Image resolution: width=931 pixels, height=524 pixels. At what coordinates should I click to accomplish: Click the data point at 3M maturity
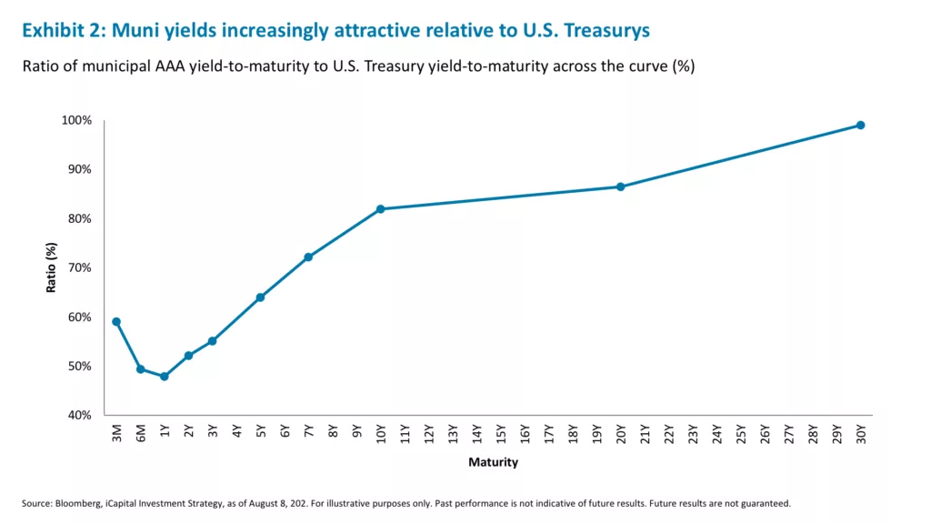pyautogui.click(x=116, y=321)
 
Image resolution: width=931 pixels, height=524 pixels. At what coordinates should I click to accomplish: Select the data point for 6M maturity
pyautogui.click(x=140, y=368)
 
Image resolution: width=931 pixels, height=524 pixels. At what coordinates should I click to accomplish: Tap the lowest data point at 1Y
pyautogui.click(x=165, y=376)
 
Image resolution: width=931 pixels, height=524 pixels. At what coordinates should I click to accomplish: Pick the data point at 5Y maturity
pyautogui.click(x=260, y=297)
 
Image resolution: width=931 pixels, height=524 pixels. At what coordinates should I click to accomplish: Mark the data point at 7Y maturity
pyautogui.click(x=308, y=257)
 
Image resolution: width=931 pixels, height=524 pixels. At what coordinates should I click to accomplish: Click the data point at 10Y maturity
pyautogui.click(x=380, y=209)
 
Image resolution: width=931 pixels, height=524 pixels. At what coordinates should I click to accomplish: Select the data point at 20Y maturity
pyautogui.click(x=620, y=186)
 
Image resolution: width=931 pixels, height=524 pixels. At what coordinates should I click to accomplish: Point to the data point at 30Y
pyautogui.click(x=860, y=126)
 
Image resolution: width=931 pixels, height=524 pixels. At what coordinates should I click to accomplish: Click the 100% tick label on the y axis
pyautogui.click(x=76, y=120)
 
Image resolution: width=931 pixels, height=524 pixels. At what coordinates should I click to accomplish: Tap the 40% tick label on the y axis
pyautogui.click(x=79, y=415)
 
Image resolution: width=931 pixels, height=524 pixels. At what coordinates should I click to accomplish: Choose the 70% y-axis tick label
pyautogui.click(x=79, y=267)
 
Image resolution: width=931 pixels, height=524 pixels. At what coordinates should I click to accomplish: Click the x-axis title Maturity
pyautogui.click(x=493, y=462)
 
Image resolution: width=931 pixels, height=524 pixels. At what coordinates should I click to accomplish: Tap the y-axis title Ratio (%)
pyautogui.click(x=52, y=267)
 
